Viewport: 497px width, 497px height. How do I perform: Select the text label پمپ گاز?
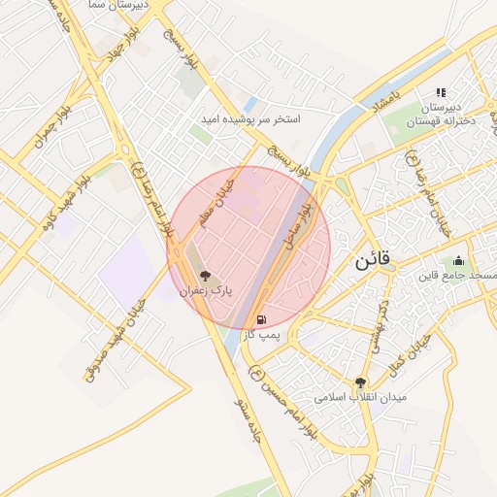click(x=261, y=333)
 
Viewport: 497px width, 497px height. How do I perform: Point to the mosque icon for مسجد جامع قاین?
click(x=458, y=260)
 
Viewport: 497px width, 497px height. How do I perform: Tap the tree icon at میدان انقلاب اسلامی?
click(x=361, y=382)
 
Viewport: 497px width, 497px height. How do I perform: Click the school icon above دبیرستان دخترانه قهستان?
click(x=441, y=92)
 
